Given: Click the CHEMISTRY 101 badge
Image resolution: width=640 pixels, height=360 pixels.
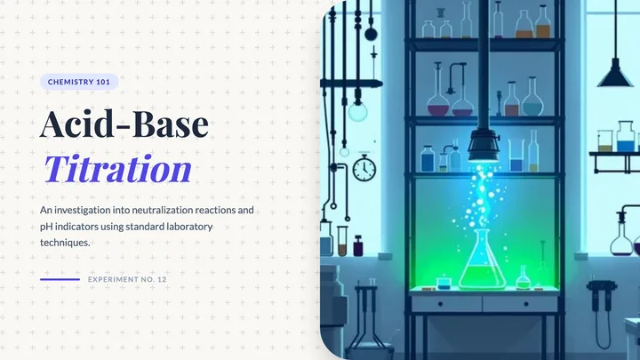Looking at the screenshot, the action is tap(79, 82).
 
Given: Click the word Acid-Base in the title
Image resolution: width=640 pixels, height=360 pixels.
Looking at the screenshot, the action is tap(124, 124).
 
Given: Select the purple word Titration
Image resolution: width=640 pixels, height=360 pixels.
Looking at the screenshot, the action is tap(117, 168).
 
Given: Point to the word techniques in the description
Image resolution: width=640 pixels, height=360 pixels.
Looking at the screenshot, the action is tap(65, 243).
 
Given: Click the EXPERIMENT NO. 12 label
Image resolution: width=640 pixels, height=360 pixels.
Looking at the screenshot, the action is tap(127, 280).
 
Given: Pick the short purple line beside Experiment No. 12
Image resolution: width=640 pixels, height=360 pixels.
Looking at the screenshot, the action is tap(60, 280).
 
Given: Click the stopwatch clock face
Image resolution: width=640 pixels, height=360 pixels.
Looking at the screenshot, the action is tap(364, 168).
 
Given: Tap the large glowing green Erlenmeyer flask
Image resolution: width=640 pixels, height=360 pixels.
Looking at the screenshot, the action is tap(482, 261).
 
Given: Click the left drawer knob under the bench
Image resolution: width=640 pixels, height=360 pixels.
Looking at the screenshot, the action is tap(440, 304).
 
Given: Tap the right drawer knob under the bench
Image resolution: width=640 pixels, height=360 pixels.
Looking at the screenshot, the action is tap(526, 304).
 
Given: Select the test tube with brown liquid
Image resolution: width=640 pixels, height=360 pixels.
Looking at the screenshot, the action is tap(342, 241).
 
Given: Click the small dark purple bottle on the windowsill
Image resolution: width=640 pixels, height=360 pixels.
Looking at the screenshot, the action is tap(358, 245).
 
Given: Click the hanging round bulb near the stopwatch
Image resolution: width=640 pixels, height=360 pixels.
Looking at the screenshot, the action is tap(357, 111).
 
